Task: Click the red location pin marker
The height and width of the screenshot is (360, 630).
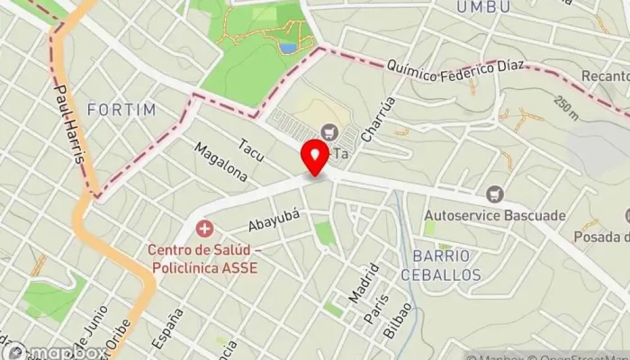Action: point(315,157)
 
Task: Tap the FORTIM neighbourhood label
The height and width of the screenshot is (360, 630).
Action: point(121,109)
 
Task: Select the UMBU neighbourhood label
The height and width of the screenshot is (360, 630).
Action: point(476,7)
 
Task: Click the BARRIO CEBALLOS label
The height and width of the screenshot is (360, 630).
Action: point(441,265)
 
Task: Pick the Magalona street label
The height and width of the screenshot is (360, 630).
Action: point(220,161)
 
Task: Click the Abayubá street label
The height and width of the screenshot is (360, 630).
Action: point(273,220)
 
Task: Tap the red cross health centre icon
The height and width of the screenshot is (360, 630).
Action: point(206,229)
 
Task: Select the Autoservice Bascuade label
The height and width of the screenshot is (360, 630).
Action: point(494,215)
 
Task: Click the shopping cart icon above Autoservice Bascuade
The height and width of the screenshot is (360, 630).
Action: point(493,193)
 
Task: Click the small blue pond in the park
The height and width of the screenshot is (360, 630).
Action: point(287,47)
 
